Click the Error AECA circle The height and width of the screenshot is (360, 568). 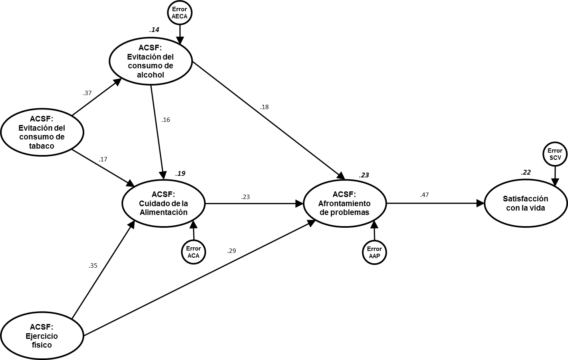(x=179, y=13)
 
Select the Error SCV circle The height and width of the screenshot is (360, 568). (x=555, y=154)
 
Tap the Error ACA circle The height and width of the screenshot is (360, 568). (x=193, y=252)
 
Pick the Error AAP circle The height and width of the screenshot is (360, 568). (x=374, y=253)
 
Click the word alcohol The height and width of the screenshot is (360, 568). (x=151, y=75)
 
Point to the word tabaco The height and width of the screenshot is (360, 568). (x=42, y=146)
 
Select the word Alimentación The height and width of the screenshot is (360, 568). (x=163, y=212)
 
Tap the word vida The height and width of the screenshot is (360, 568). (x=537, y=208)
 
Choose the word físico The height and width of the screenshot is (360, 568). (x=42, y=345)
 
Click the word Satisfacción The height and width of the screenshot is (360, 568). (x=525, y=199)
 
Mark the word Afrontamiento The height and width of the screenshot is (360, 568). (x=344, y=203)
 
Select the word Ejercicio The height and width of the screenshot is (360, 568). (x=42, y=336)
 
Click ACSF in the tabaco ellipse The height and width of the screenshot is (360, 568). (x=42, y=119)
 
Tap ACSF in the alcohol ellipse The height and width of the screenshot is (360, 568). (x=150, y=48)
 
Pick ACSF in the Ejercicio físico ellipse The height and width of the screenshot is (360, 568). (x=42, y=327)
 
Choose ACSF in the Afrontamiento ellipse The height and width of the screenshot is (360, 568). (x=344, y=195)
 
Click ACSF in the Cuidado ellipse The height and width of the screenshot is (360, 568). (x=163, y=195)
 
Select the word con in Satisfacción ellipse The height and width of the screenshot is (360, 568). (x=513, y=208)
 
